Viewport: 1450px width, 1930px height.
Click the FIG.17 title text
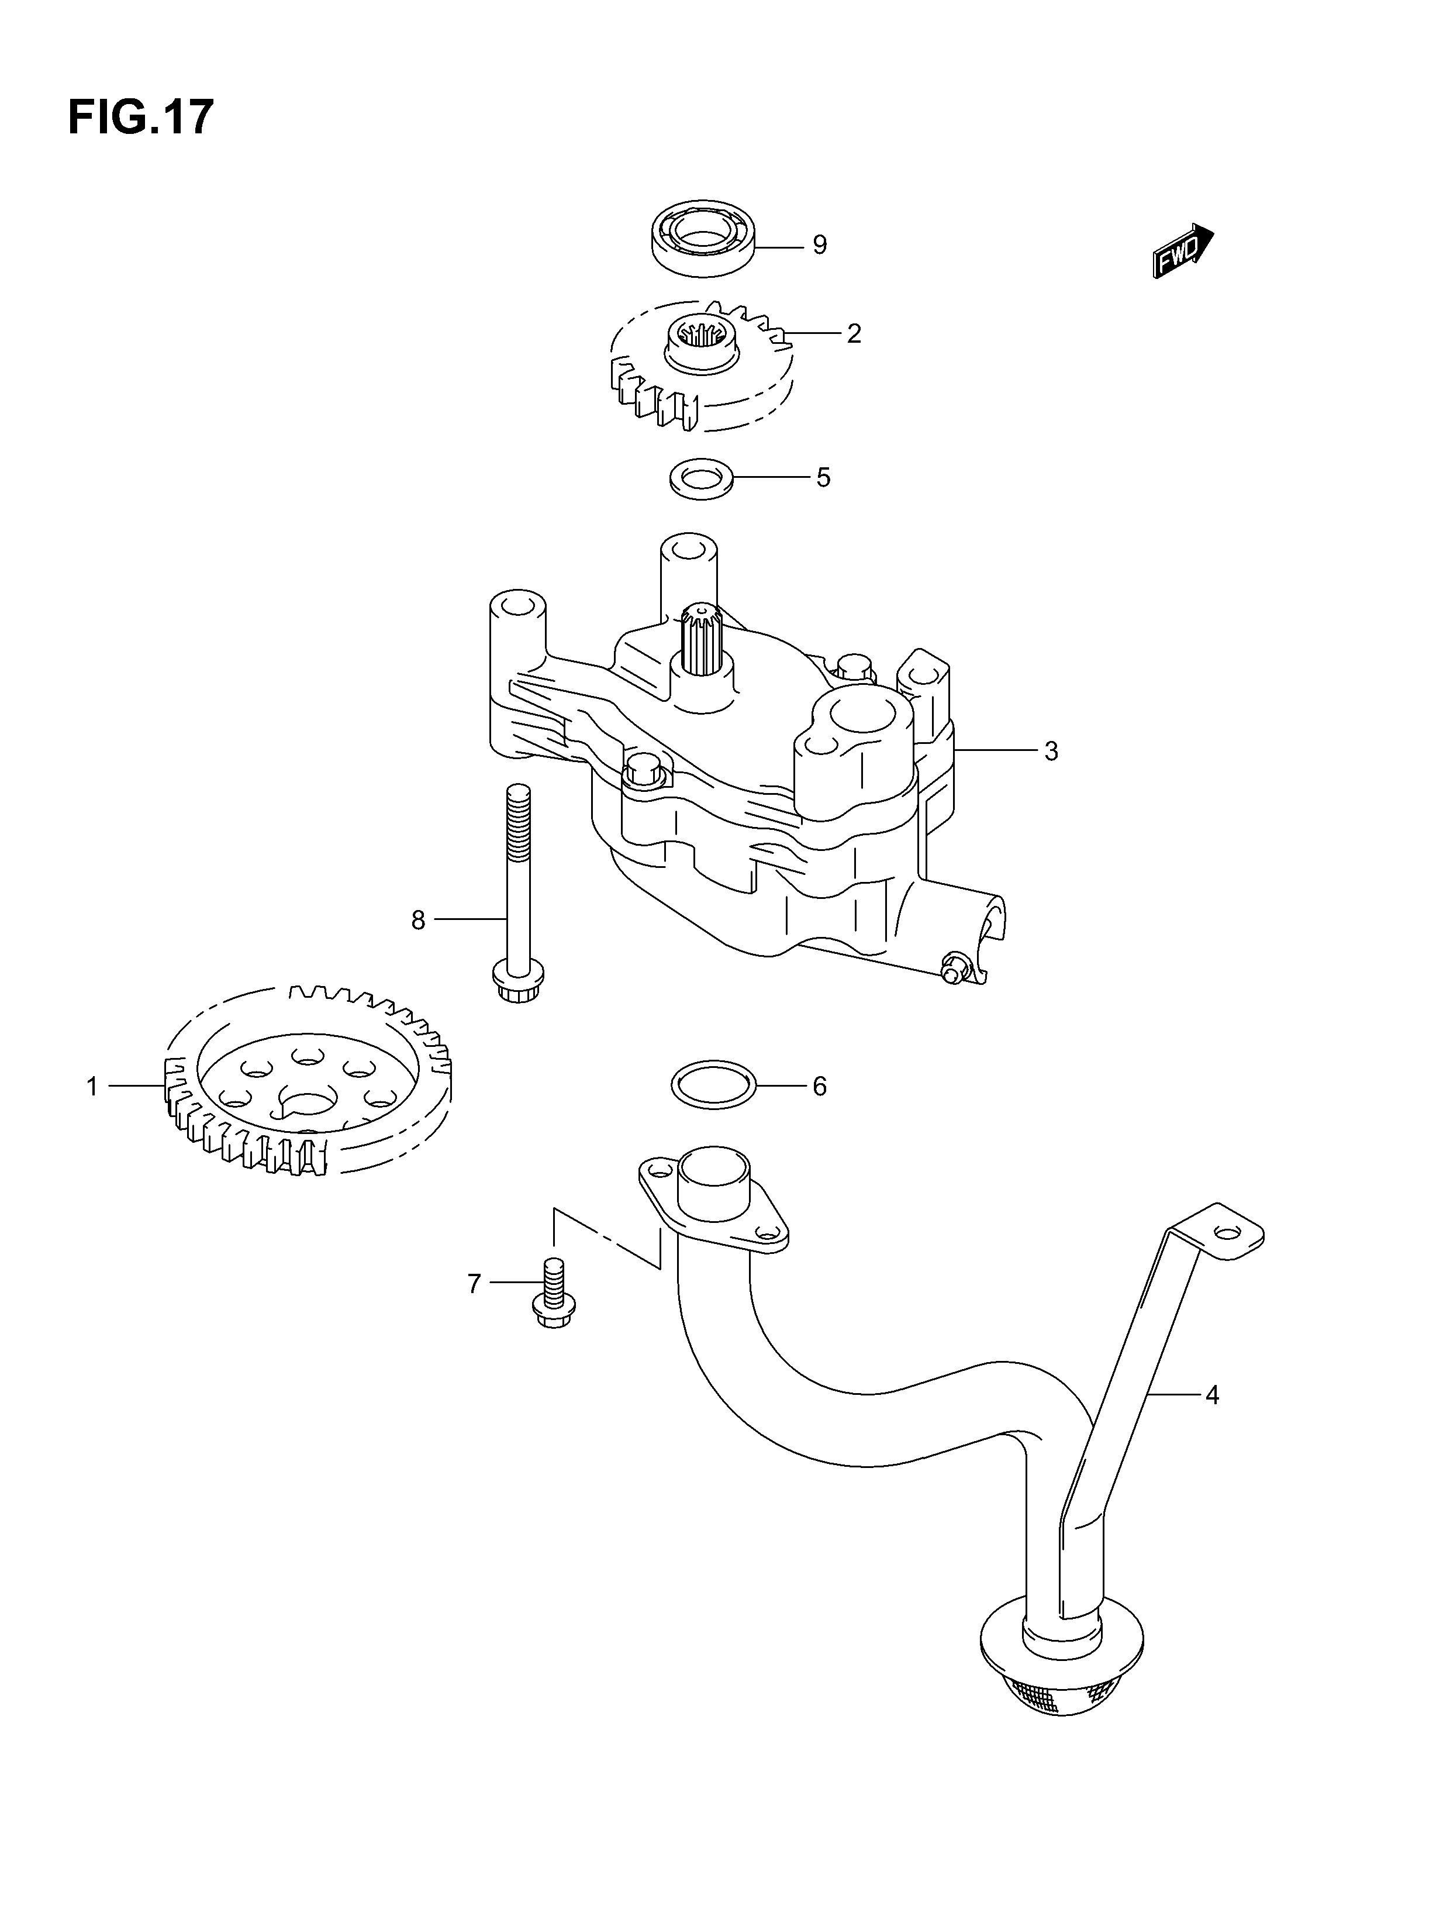(x=140, y=117)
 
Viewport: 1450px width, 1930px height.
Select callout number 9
(x=819, y=245)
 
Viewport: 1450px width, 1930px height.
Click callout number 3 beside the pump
(x=1051, y=750)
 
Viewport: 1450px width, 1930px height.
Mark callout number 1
(x=92, y=1086)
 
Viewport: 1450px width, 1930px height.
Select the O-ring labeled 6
(x=714, y=1085)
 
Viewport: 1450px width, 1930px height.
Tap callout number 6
(x=819, y=1086)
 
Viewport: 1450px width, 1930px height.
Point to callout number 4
(x=1211, y=1395)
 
